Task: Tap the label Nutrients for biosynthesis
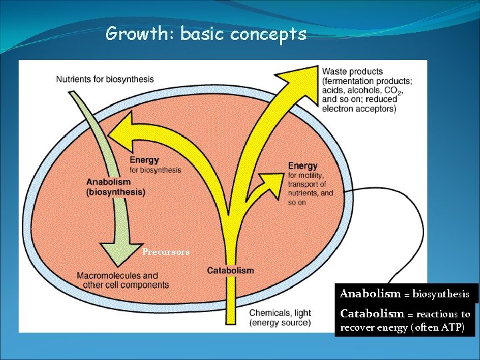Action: pos(105,79)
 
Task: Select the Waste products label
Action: pos(352,71)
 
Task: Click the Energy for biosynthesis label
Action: pos(155,165)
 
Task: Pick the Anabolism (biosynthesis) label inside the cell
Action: pos(115,187)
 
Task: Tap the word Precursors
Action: pos(166,252)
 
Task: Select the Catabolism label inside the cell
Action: pos(230,271)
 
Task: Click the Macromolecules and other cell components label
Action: pos(117,280)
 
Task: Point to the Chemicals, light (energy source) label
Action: pos(280,318)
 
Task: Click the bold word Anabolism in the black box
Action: pos(370,293)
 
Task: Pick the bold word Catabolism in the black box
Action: pos(372,313)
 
